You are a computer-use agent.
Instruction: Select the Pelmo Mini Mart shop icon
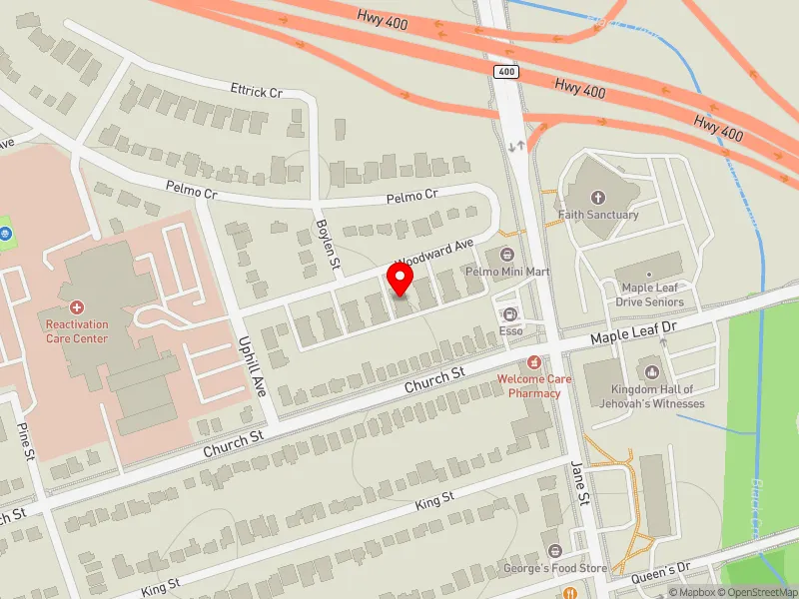pos(507,256)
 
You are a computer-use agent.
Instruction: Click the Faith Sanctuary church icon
pos(598,198)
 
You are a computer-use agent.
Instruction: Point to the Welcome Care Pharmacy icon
pos(535,361)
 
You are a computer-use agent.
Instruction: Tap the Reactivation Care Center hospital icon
pos(76,308)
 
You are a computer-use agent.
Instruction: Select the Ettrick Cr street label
pos(257,92)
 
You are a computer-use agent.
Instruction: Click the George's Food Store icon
pos(555,551)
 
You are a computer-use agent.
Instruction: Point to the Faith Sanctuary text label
pos(598,215)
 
